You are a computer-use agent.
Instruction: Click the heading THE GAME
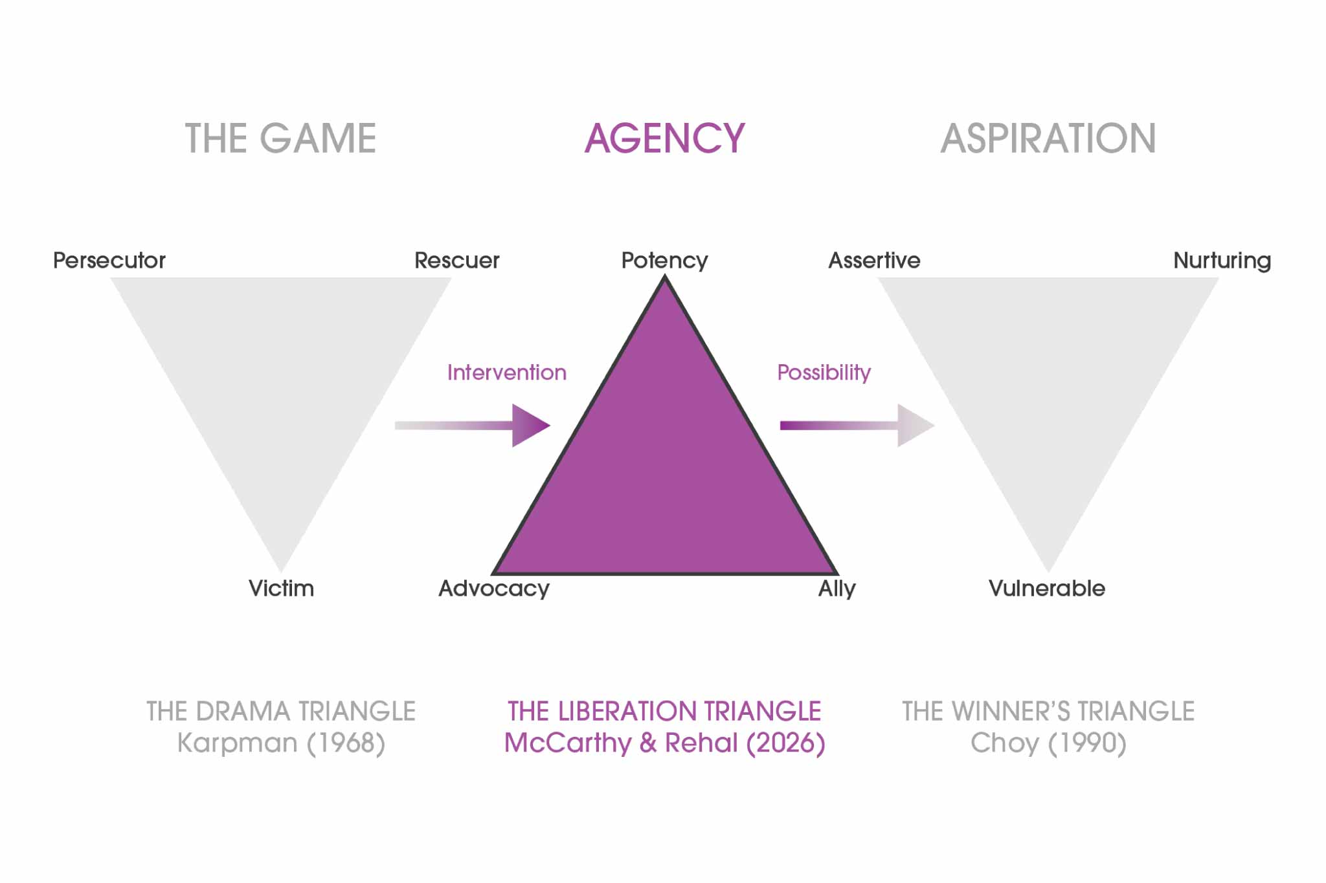pyautogui.click(x=280, y=138)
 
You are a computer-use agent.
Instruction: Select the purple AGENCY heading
pyautogui.click(x=664, y=138)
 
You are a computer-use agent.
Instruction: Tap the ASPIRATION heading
pyautogui.click(x=1048, y=138)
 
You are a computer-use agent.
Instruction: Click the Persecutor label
pyautogui.click(x=109, y=260)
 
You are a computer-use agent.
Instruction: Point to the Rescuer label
pyautogui.click(x=456, y=260)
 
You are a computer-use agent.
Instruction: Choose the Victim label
pyautogui.click(x=281, y=588)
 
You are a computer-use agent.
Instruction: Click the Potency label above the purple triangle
pyautogui.click(x=664, y=260)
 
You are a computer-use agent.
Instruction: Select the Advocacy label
pyautogui.click(x=494, y=588)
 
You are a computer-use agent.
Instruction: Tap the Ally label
pyautogui.click(x=837, y=588)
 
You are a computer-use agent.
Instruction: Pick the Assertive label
pyautogui.click(x=874, y=260)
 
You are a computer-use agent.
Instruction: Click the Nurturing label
pyautogui.click(x=1222, y=260)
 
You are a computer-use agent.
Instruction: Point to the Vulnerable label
pyautogui.click(x=1047, y=588)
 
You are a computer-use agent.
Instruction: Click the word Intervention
pyautogui.click(x=506, y=372)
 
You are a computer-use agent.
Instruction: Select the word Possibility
pyautogui.click(x=824, y=372)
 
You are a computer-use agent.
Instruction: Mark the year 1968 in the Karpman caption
pyautogui.click(x=346, y=743)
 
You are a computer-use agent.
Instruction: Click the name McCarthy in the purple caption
pyautogui.click(x=567, y=743)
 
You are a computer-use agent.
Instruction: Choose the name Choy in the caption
pyautogui.click(x=1004, y=743)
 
